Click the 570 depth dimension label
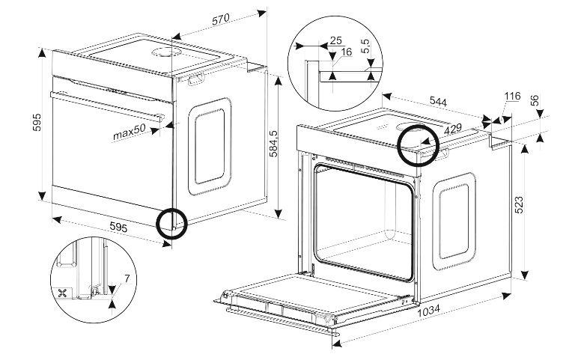coord(221,19)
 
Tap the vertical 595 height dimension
coord(37,122)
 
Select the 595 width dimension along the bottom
coord(118,227)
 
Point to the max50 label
coord(129,132)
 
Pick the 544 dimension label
coord(438,101)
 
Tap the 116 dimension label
coord(512,97)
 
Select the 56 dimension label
coord(535,100)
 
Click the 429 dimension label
coord(453,129)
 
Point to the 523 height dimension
coord(519,204)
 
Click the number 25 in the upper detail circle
coord(335,40)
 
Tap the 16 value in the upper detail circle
coord(346,52)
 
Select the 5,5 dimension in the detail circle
coord(365,46)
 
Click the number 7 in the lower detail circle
coord(127,278)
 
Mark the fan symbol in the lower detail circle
coord(62,293)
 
